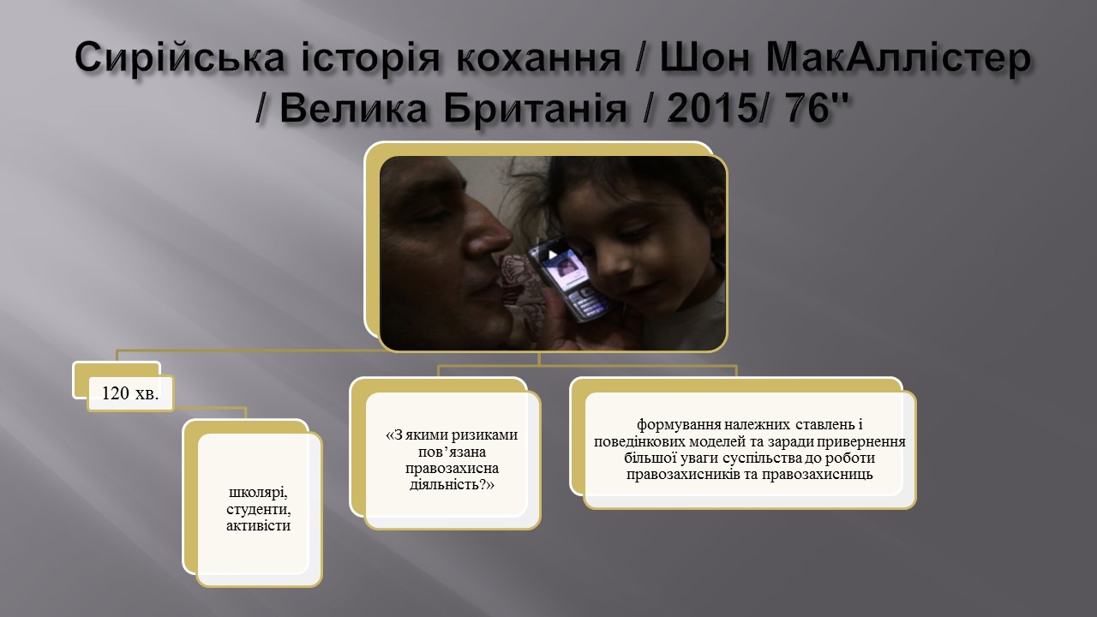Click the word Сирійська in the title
coord(180,57)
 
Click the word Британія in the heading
coord(536,108)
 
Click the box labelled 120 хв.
coord(130,393)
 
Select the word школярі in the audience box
coord(258,492)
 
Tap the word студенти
coord(259,509)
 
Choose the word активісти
coord(258,525)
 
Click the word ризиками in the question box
coord(484,434)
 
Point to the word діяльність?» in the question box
coord(452,485)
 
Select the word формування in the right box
coord(678,424)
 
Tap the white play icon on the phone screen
coord(553,255)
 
